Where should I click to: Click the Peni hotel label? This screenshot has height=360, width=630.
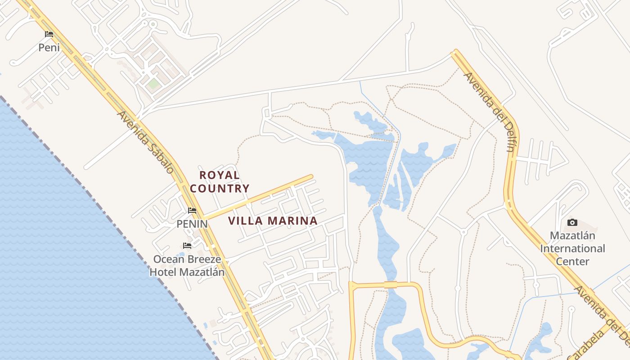(49, 47)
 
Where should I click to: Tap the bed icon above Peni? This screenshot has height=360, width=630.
(49, 34)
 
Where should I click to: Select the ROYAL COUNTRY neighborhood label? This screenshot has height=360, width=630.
(220, 182)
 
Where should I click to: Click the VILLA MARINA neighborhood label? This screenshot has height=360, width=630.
(273, 221)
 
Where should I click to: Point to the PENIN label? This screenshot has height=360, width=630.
(192, 224)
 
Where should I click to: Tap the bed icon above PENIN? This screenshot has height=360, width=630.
(192, 211)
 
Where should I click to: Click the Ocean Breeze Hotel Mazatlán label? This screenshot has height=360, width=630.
(187, 265)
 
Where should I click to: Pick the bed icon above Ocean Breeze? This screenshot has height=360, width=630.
(187, 246)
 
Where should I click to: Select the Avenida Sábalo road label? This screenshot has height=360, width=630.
(145, 142)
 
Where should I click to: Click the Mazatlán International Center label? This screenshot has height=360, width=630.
(572, 248)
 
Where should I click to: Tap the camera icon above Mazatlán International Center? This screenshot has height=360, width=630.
(572, 222)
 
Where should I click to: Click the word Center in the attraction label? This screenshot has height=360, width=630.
(572, 261)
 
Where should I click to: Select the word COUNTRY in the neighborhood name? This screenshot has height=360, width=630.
(220, 189)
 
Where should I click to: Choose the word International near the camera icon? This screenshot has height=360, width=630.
(572, 248)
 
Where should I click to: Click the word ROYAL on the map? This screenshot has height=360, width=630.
(220, 175)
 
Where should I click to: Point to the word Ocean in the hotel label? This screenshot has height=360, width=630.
(167, 259)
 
